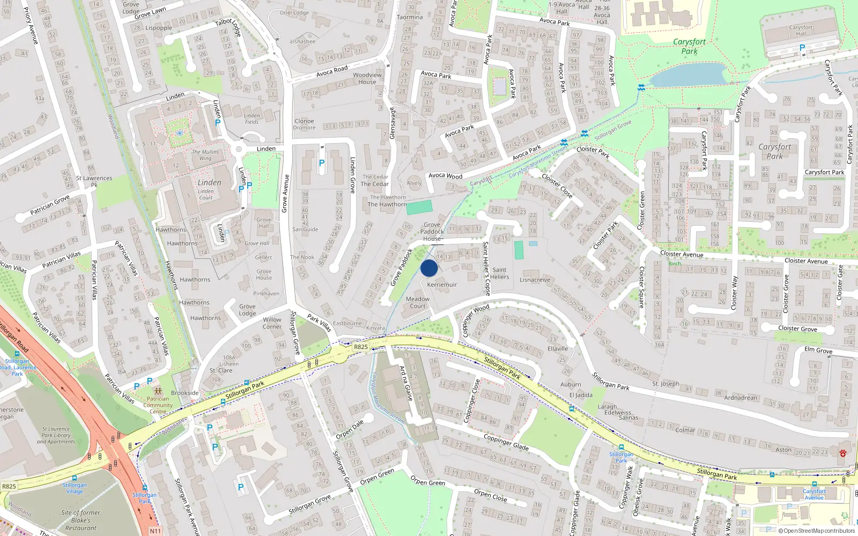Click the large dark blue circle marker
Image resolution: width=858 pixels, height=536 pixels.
point(429,268)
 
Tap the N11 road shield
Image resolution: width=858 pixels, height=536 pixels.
point(155,531)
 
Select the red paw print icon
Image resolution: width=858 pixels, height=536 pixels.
point(843,453)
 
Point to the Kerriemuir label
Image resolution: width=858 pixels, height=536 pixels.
point(442,285)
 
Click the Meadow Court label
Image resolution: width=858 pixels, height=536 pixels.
point(418,303)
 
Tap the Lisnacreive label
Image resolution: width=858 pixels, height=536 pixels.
point(535,280)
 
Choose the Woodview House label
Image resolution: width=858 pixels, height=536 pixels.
point(367,78)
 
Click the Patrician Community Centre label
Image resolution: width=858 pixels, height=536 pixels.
point(158,405)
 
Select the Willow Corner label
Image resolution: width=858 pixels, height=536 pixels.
point(272,323)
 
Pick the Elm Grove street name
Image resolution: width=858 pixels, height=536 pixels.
point(818,351)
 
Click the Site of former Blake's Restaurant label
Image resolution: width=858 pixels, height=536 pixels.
point(80,520)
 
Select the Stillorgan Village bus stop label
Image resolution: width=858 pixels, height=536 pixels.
point(75,488)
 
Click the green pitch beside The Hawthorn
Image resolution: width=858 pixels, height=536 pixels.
point(419,207)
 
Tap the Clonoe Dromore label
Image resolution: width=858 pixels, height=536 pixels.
point(304,124)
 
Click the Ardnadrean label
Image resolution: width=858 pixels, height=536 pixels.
point(741,398)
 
